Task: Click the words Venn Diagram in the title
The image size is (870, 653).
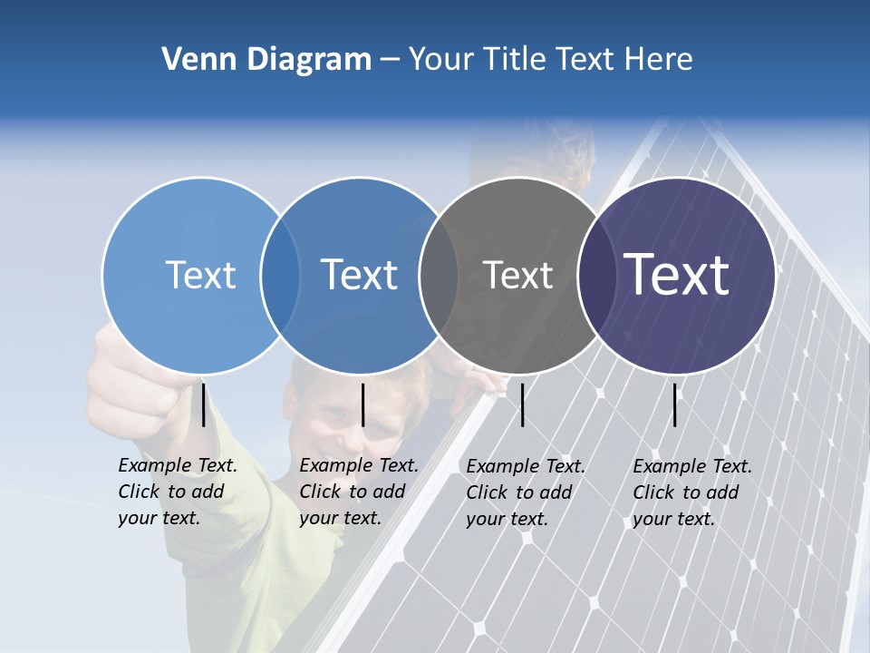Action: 266,60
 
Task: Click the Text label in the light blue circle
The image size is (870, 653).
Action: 200,275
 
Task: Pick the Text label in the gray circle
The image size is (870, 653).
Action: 517,275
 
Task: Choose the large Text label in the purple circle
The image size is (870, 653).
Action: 677,275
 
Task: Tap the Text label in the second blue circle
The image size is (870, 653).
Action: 360,275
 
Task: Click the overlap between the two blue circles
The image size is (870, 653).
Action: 280,275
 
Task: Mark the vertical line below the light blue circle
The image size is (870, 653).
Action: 203,404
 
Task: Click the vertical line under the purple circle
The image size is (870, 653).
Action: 674,404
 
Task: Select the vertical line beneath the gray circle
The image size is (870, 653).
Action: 522,404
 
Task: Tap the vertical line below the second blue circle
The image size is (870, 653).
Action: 362,404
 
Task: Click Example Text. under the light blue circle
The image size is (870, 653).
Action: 178,465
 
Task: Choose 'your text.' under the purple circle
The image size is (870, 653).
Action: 673,519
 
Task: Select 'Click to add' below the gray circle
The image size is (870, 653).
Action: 519,492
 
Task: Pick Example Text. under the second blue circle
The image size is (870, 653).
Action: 359,465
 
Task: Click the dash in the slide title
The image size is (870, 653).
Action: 390,61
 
